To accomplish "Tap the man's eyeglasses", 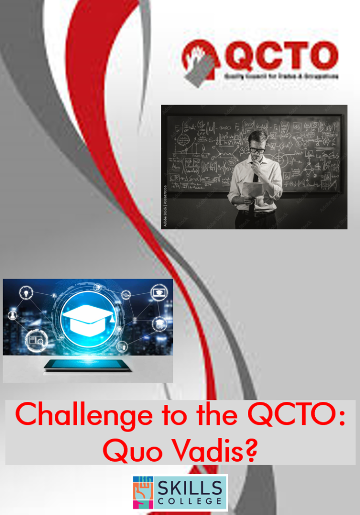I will click(x=257, y=149).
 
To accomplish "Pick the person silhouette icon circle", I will click(x=13, y=316).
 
